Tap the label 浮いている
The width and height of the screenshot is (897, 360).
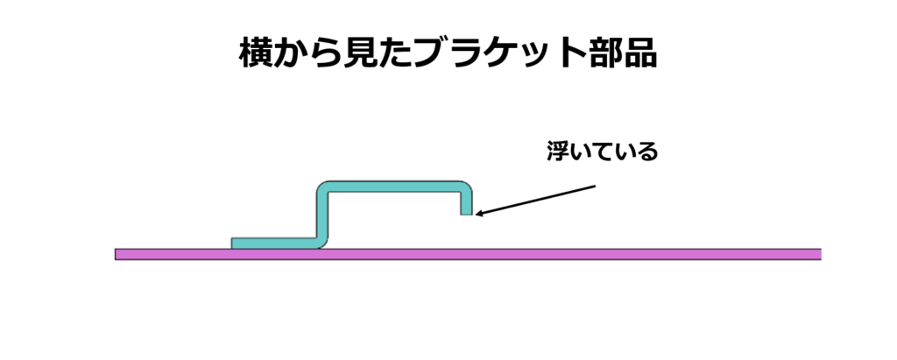click(602, 152)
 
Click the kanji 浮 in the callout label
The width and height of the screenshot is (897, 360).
click(558, 152)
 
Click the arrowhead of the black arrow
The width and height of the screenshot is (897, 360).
click(478, 213)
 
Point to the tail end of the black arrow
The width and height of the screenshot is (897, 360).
click(595, 186)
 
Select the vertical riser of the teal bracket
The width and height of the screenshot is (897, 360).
click(321, 215)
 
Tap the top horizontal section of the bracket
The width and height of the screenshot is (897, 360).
click(394, 187)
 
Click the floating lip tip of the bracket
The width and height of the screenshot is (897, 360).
click(466, 211)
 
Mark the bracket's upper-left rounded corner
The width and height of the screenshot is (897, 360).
click(321, 189)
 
